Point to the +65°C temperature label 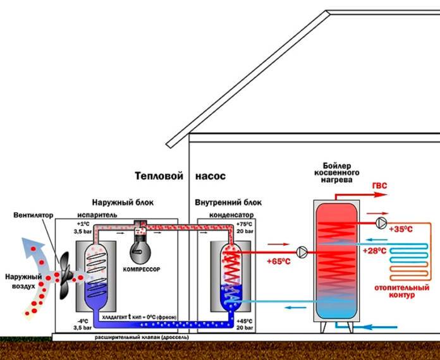pos(278,260)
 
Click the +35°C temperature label pos(401,229)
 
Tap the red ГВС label pos(381,185)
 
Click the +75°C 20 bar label pos(243,228)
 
